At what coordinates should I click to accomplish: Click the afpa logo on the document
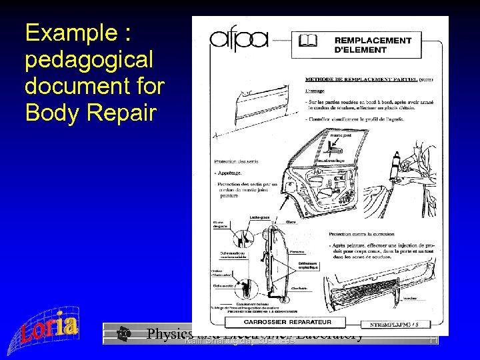point(239,39)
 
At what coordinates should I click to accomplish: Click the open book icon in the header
point(308,41)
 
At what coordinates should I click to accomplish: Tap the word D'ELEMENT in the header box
point(360,49)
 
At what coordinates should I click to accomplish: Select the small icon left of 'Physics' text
point(123,333)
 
